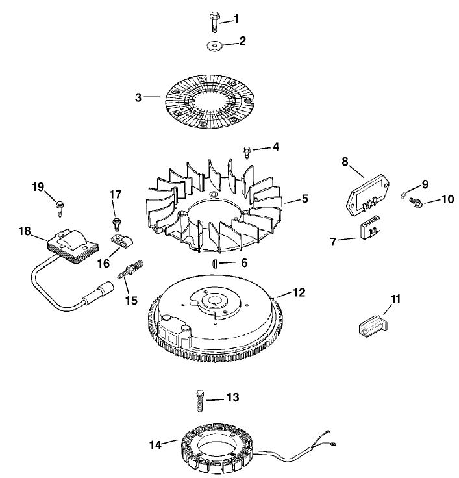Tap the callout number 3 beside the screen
[x=138, y=97]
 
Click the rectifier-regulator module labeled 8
[x=367, y=195]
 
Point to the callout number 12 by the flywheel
[x=299, y=293]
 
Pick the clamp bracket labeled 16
[x=119, y=244]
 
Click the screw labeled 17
[x=116, y=223]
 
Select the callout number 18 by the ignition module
[x=25, y=231]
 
